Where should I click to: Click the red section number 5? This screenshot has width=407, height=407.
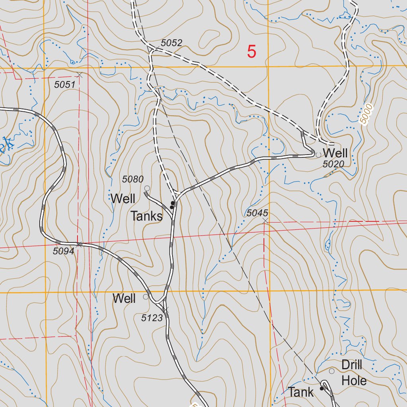(x=252, y=52)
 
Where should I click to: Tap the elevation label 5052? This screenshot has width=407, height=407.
(x=171, y=43)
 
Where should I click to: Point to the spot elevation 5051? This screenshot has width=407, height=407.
(x=65, y=84)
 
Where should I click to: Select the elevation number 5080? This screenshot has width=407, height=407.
(x=133, y=179)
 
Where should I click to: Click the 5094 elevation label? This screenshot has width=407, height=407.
(x=64, y=251)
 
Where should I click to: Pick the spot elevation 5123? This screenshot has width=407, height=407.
(x=152, y=318)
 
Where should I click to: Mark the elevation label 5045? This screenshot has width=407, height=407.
(x=257, y=213)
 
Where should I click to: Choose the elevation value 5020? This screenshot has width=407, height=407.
(x=333, y=164)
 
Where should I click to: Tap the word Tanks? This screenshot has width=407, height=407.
(x=147, y=217)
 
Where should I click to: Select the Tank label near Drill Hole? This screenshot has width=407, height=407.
(x=301, y=392)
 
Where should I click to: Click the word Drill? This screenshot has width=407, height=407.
(x=352, y=365)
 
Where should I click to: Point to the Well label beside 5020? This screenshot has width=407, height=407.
(x=335, y=153)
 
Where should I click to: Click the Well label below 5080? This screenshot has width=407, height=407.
(x=123, y=199)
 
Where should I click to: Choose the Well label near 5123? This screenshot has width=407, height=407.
(x=124, y=298)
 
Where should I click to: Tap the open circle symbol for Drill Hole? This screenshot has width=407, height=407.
(x=331, y=371)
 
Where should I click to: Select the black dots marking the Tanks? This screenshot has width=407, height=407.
(x=172, y=205)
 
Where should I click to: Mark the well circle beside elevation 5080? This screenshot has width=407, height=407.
(x=147, y=188)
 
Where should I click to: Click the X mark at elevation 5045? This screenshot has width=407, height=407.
(x=265, y=220)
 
